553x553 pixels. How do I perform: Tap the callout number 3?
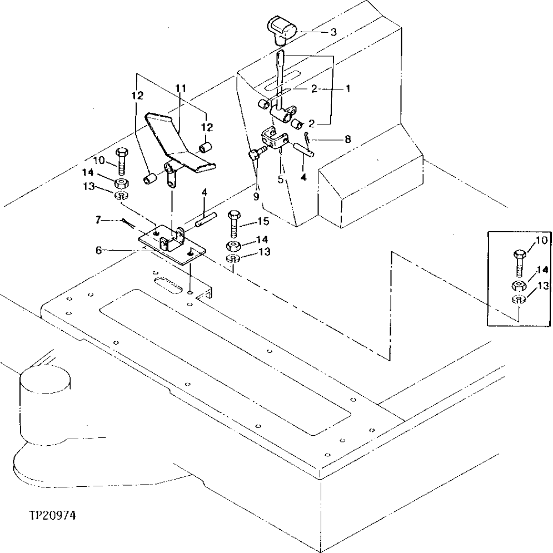(333, 32)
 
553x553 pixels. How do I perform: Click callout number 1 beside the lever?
(348, 88)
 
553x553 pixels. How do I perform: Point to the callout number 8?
(347, 140)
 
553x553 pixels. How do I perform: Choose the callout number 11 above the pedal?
(181, 88)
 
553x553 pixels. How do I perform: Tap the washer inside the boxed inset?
(518, 301)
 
